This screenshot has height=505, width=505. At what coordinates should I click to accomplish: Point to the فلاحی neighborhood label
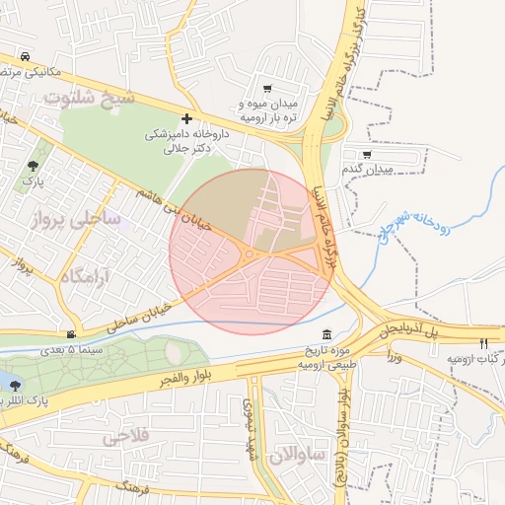[124, 434]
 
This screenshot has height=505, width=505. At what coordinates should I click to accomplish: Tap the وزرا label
[395, 354]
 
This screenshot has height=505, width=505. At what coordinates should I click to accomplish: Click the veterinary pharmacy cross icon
[186, 117]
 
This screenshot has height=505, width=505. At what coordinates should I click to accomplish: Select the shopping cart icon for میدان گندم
[367, 155]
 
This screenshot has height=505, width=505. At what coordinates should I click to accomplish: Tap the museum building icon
[327, 334]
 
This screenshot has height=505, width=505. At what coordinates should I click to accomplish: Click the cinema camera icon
[70, 334]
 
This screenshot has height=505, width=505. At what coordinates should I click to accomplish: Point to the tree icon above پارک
[34, 166]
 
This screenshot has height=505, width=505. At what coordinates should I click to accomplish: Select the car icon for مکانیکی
[24, 56]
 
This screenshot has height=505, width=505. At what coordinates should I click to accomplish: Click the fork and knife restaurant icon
[482, 343]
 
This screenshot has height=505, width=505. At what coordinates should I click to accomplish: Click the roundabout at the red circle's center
[250, 253]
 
